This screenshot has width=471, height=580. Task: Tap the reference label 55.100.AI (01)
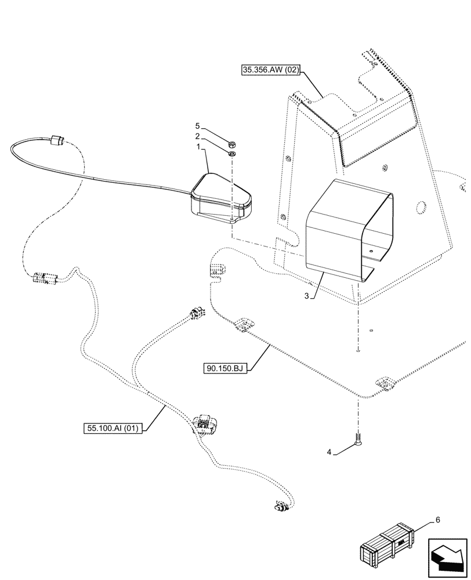[114, 429]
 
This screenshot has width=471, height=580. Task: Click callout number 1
[198, 148]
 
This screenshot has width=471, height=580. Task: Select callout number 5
[198, 126]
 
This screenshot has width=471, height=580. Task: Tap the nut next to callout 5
[231, 144]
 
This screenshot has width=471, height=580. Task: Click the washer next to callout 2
[231, 154]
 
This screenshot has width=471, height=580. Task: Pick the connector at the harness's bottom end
[280, 508]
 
